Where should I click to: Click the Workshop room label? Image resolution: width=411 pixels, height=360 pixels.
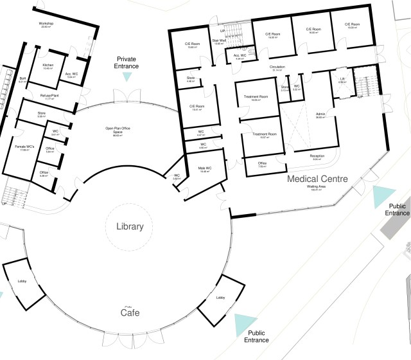pos(46,24)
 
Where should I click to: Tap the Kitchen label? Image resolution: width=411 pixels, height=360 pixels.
pos(48,66)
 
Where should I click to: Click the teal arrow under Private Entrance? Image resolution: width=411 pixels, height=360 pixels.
pos(127,76)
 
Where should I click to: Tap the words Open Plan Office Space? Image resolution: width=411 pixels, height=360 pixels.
pos(118,130)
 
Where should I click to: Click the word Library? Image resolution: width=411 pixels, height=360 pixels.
pos(130,227)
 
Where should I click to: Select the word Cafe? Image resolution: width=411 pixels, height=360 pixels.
pos(130,313)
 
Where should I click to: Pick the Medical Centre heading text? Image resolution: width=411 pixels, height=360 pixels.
pos(317,179)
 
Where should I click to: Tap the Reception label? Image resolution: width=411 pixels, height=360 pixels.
pos(317,156)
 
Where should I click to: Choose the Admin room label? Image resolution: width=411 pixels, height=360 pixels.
pos(320,115)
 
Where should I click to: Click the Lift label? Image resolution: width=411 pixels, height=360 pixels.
pos(343,79)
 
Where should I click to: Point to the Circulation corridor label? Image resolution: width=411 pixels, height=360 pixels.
pos(277,67)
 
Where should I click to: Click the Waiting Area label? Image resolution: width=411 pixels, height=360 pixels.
pos(316,187)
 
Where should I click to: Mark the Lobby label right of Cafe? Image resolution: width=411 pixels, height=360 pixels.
pos(220,298)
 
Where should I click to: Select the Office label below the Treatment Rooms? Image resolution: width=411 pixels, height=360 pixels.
pos(262,163)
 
